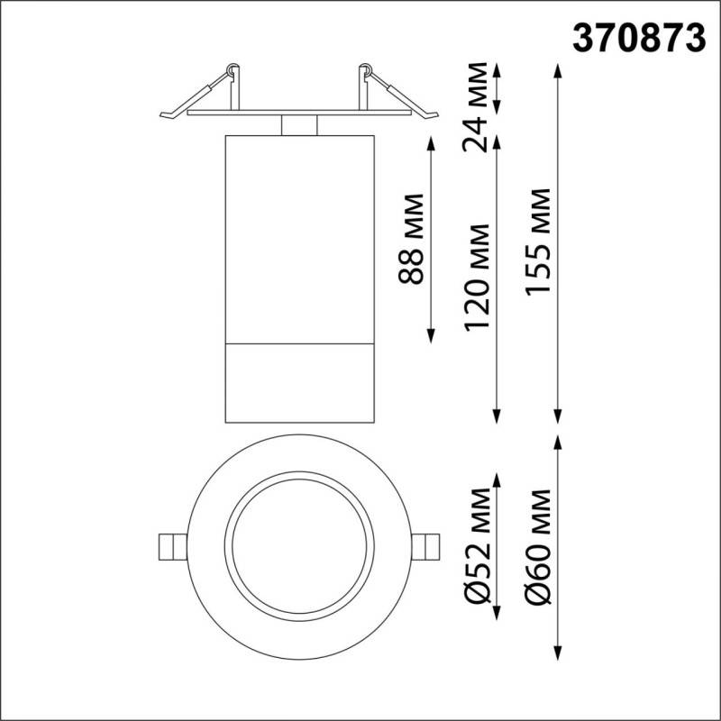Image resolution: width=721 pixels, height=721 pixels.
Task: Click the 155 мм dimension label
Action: [x=540, y=242]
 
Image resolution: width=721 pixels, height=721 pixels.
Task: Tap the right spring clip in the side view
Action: [x=395, y=94]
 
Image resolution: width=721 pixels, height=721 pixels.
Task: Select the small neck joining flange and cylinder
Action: [x=298, y=125]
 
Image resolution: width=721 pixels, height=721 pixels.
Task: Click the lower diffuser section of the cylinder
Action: [x=298, y=383]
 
